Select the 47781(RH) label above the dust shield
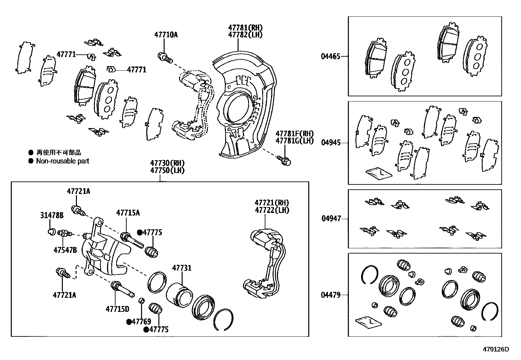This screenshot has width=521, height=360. pyautogui.click(x=245, y=28)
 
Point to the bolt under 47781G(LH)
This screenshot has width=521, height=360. pyautogui.click(x=284, y=161)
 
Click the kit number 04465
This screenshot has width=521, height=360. pyautogui.click(x=331, y=56)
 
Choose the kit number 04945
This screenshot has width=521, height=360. pyautogui.click(x=331, y=142)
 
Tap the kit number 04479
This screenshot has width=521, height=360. pyautogui.click(x=331, y=295)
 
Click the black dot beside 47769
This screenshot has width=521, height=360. pyautogui.click(x=129, y=322)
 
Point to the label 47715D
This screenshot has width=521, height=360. pyautogui.click(x=117, y=309)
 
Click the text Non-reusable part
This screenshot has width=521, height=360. pyautogui.click(x=63, y=161)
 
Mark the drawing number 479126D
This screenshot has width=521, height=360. pyautogui.click(x=496, y=349)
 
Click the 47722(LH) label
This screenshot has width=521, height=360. pyautogui.click(x=272, y=210)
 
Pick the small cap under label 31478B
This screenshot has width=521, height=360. pyautogui.click(x=51, y=232)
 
